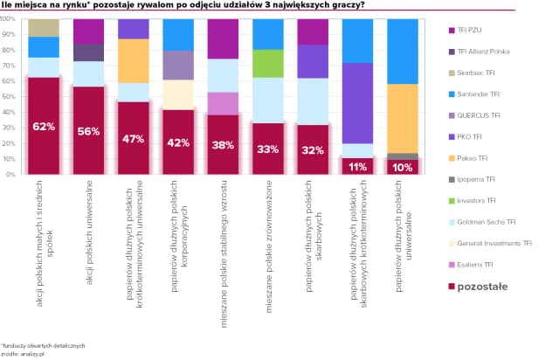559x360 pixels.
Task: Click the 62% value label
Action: (x=44, y=128)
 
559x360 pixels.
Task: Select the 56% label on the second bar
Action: (x=89, y=132)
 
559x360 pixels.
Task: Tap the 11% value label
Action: (x=356, y=166)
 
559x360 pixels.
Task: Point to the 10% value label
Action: (x=402, y=167)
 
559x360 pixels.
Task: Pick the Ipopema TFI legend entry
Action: (x=477, y=179)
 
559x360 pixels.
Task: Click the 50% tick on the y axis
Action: (x=10, y=97)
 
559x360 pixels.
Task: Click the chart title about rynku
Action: (x=183, y=5)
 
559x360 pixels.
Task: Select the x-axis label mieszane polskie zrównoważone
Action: (x=269, y=223)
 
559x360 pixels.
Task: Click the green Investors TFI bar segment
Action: (x=267, y=64)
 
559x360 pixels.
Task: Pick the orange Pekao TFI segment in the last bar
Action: (x=402, y=119)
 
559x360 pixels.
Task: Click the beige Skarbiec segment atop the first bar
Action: (x=44, y=27)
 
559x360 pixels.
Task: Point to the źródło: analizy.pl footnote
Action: (x=21, y=352)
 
